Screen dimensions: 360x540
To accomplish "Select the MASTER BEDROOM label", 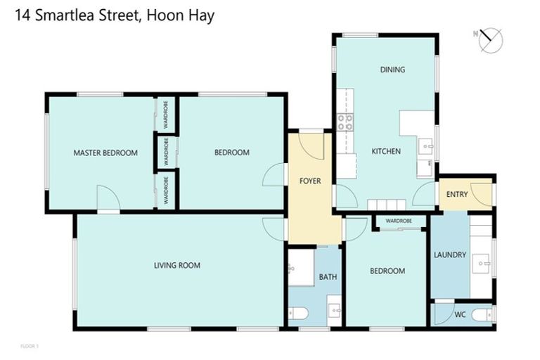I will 105,153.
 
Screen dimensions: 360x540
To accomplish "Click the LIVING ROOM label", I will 177,266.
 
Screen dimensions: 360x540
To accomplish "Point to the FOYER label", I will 310,181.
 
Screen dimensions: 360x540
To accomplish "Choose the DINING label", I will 392,70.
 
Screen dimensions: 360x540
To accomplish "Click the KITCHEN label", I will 386,151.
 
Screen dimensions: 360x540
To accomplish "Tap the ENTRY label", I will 453,193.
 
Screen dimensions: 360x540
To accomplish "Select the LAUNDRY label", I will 450,255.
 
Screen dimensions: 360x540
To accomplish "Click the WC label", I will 461,314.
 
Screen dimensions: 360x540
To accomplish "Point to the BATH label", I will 328,277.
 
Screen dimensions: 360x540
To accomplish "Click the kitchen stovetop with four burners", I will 345,122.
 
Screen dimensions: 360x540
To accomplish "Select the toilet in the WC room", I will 483,314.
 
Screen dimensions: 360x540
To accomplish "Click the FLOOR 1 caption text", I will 30,346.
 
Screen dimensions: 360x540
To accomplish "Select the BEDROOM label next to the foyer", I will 231,153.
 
